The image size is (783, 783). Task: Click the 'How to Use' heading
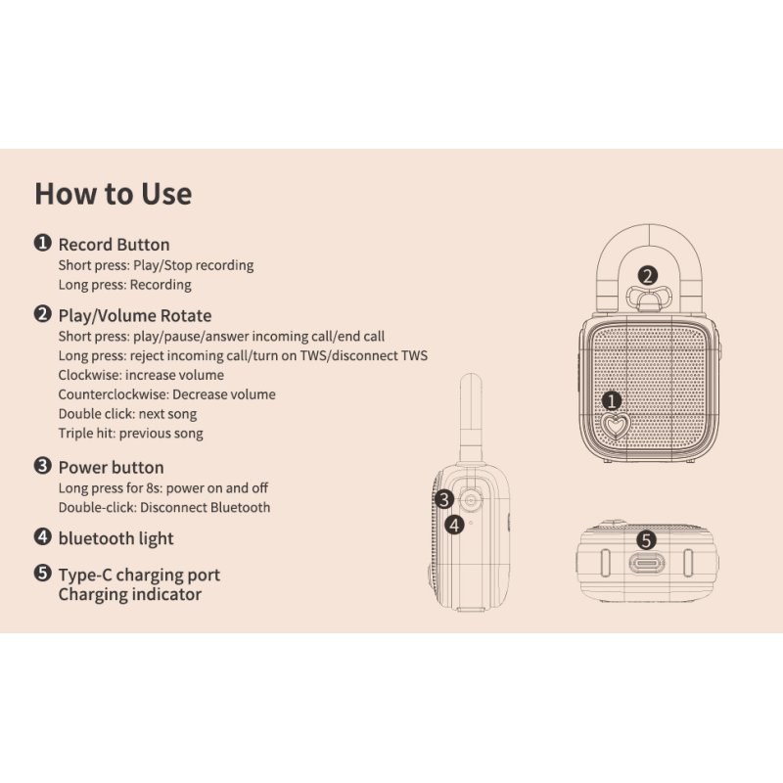point(114,194)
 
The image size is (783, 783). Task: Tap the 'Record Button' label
point(114,245)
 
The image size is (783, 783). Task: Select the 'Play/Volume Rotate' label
point(135,315)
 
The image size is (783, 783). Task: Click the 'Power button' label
point(111,468)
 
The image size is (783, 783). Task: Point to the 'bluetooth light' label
point(115,538)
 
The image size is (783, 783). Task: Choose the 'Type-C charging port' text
point(139,575)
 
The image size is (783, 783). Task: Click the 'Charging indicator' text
point(130,594)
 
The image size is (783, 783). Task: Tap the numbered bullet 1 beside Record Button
point(43,243)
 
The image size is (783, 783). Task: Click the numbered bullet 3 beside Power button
point(43,466)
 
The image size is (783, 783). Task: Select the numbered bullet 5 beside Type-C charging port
point(43,573)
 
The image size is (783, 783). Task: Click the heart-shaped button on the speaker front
point(616,426)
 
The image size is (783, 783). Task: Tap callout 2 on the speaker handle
point(648,276)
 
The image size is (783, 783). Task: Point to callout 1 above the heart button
point(611,400)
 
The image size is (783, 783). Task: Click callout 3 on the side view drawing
point(444,499)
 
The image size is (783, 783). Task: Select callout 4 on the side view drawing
point(454,525)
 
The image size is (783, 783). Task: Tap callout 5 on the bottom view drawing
point(646,540)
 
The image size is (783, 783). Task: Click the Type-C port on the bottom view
point(647,564)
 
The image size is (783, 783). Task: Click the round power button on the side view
point(471,500)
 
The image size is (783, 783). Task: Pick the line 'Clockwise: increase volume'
point(141,375)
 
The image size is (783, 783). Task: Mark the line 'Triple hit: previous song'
point(131,434)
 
